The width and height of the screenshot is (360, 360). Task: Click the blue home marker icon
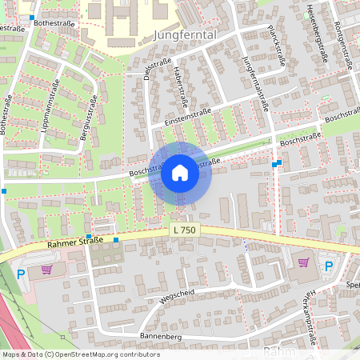(x=180, y=173)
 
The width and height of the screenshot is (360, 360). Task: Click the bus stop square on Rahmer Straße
(x=116, y=240)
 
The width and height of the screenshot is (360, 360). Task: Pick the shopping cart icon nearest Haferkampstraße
(x=303, y=262)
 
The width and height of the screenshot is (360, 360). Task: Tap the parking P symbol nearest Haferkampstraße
(x=328, y=266)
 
